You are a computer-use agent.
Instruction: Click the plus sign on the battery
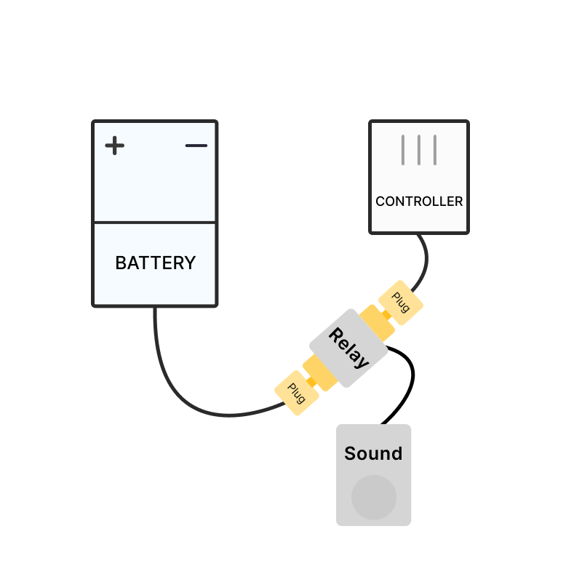click(x=115, y=146)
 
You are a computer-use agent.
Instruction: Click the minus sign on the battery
click(x=196, y=146)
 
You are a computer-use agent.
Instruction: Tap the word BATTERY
click(x=155, y=263)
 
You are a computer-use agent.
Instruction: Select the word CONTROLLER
click(x=419, y=202)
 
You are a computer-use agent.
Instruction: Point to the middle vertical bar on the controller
click(x=419, y=149)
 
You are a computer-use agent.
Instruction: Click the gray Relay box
click(x=348, y=348)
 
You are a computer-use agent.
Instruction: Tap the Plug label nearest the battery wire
click(x=297, y=393)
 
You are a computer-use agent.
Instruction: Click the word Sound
click(x=373, y=454)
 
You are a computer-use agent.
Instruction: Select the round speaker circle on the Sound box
click(x=374, y=498)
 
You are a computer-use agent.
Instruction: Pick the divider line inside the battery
click(x=155, y=222)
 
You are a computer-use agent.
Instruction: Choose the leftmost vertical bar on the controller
click(x=403, y=149)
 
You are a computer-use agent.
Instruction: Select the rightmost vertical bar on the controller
click(x=435, y=149)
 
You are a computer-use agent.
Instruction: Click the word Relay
click(x=348, y=348)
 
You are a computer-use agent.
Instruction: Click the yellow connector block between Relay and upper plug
click(x=377, y=323)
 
